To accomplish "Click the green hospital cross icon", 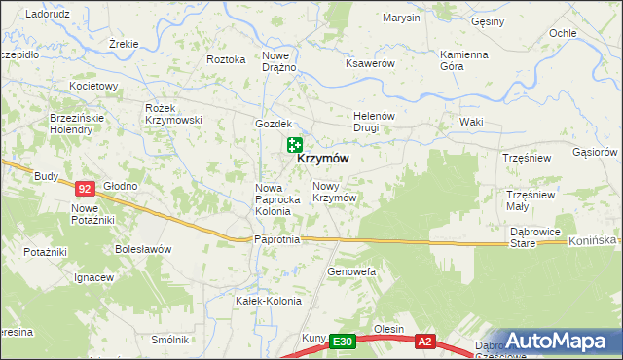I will (294, 145).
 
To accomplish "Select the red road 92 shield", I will (85, 188).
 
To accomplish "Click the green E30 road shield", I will (341, 342).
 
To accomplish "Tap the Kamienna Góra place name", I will (463, 60).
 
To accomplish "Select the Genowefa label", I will (351, 270).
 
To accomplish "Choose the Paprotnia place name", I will (275, 239).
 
